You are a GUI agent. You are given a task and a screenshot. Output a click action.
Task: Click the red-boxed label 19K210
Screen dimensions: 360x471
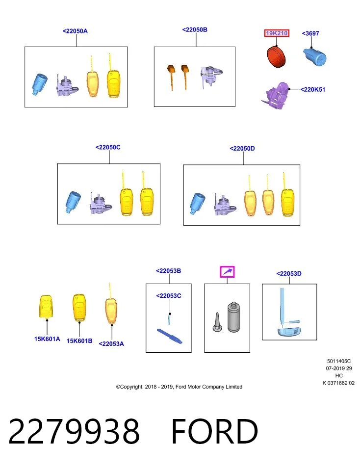pyautogui.click(x=277, y=33)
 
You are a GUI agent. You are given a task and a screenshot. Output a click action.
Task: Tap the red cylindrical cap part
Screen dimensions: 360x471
pyautogui.click(x=276, y=56)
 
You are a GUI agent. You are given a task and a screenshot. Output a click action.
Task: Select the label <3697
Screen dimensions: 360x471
pyautogui.click(x=310, y=33)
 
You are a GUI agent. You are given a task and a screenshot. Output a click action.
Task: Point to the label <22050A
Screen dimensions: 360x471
pyautogui.click(x=75, y=31)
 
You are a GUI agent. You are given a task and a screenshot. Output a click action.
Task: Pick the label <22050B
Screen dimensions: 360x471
pyautogui.click(x=195, y=29)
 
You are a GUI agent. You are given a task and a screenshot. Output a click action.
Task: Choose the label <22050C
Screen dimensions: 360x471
pyautogui.click(x=108, y=147)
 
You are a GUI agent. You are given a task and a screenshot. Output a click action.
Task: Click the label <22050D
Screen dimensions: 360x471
pyautogui.click(x=242, y=148)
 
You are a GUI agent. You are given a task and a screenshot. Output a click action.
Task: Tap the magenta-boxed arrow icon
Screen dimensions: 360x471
pyautogui.click(x=227, y=272)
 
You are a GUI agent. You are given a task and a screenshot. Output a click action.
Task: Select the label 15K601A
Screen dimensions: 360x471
pyautogui.click(x=47, y=339)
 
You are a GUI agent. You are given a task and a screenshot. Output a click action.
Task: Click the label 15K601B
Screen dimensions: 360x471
pyautogui.click(x=79, y=340)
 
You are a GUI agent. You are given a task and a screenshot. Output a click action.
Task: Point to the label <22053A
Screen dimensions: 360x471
pyautogui.click(x=111, y=343)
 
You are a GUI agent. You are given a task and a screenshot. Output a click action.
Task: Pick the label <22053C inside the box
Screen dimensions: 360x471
pyautogui.click(x=168, y=295)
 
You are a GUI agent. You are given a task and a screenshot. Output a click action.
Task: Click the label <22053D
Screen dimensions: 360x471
pyautogui.click(x=289, y=273)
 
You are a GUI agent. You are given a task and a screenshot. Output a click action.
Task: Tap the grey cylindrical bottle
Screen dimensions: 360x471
pyautogui.click(x=234, y=317)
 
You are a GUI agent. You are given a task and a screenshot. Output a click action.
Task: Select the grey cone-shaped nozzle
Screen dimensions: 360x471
pyautogui.click(x=217, y=322)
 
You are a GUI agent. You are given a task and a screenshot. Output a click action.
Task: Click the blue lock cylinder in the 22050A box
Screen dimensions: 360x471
pyautogui.click(x=40, y=84)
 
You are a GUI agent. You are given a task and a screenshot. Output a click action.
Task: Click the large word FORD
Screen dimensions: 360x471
pyautogui.click(x=215, y=431)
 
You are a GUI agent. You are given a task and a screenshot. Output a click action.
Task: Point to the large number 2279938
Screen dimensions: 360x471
pyautogui.click(x=74, y=431)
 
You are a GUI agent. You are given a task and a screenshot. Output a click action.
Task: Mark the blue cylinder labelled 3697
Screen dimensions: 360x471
pyautogui.click(x=314, y=57)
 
